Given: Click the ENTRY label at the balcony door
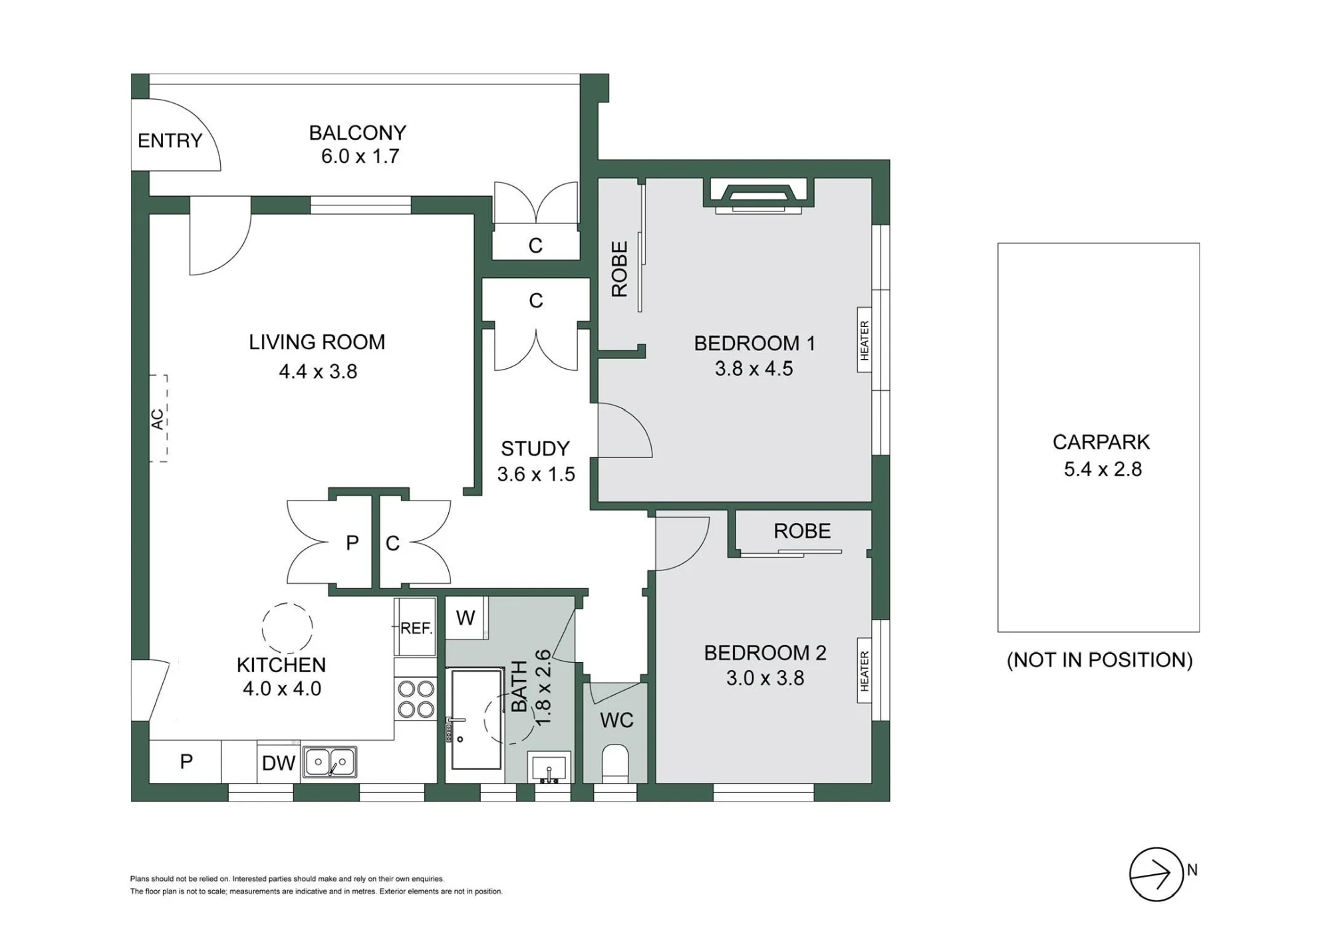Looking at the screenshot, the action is (170, 141).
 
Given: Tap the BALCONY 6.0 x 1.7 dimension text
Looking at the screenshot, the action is (360, 156).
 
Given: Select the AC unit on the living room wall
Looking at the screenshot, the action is (158, 418).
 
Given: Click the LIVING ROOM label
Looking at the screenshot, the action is (317, 342).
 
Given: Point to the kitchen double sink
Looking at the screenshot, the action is (330, 762).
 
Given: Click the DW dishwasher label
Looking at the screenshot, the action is (279, 763).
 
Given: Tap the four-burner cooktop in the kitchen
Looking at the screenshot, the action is (416, 699).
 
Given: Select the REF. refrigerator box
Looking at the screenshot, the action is (416, 628).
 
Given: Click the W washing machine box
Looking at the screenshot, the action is (466, 618).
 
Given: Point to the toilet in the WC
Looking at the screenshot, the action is (614, 763).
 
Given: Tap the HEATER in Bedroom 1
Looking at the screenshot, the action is (864, 340).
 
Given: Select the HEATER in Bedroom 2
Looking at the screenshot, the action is (864, 671).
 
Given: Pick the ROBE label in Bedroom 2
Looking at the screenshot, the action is (802, 531).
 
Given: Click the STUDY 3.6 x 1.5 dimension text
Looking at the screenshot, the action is (536, 475).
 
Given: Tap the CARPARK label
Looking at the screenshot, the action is (1101, 442).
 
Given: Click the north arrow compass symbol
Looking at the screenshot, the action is (1156, 874).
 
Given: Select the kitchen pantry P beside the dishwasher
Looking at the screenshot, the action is (186, 762).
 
